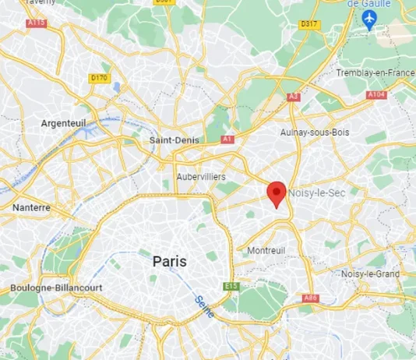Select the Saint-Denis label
tap(174, 140)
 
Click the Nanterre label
tap(31, 208)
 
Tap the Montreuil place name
tap(266, 250)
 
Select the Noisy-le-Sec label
tap(316, 192)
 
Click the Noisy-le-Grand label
tap(371, 274)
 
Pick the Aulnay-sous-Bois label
tap(315, 132)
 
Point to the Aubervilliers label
tap(201, 177)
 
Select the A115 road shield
tap(36, 23)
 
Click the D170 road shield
tap(99, 77)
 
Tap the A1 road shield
tap(227, 139)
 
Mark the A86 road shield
tap(311, 298)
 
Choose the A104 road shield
tap(376, 94)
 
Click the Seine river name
tap(205, 302)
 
